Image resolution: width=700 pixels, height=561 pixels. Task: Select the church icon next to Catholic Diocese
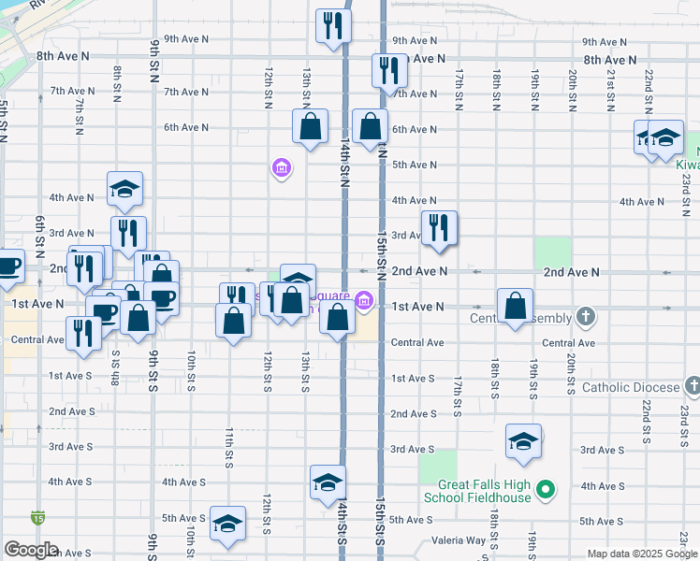click(x=692, y=385)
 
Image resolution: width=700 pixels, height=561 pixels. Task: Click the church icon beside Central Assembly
click(x=585, y=316)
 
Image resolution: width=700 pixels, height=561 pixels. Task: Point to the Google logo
click(x=31, y=550)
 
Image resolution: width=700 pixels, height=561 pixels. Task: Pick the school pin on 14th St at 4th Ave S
click(x=328, y=482)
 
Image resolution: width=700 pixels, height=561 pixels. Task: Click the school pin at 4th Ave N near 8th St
click(x=124, y=189)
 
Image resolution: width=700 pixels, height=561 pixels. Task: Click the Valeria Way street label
click(x=459, y=540)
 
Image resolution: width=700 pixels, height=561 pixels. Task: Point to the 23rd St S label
click(x=684, y=410)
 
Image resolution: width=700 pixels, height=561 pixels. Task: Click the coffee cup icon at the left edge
click(x=7, y=266)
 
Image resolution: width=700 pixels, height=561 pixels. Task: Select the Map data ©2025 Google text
click(x=642, y=554)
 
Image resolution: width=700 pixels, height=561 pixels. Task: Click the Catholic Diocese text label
click(x=631, y=387)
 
